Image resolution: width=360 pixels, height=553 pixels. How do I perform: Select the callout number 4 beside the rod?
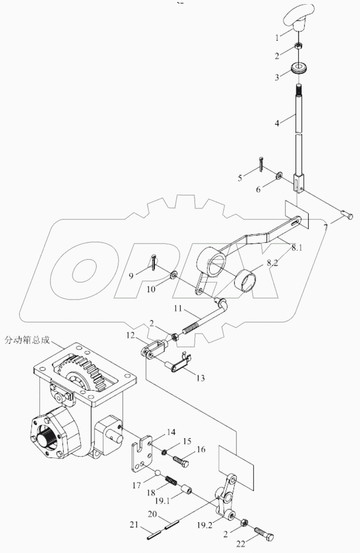[277, 123]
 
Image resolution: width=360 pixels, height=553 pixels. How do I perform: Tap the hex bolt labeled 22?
[265, 533]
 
